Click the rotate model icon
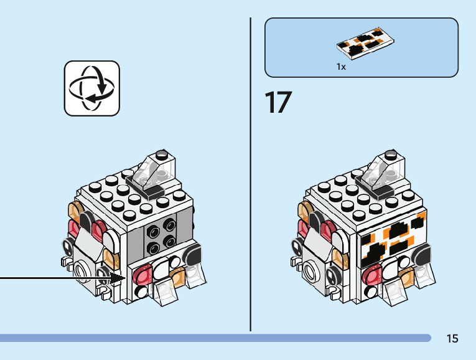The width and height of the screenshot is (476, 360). [x=91, y=88]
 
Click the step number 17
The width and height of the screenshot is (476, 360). [x=278, y=103]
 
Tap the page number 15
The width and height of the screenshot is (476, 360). [x=452, y=339]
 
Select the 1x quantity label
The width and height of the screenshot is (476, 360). [x=341, y=66]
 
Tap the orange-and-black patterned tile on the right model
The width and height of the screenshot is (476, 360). [x=391, y=241]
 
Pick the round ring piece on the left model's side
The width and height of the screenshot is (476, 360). [x=81, y=271]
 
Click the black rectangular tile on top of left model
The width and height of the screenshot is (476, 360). [x=152, y=191]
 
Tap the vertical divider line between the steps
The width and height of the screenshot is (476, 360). [x=251, y=174]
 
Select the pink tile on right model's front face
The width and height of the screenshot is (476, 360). [x=374, y=273]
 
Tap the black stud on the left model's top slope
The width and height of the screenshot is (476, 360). [x=162, y=153]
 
